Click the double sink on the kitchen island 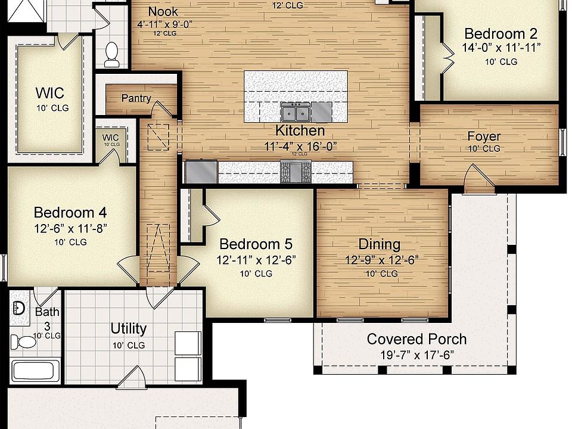296,111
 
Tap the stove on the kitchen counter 296,172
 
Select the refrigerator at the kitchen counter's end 201,172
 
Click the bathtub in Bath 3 35,371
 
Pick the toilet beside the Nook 111,55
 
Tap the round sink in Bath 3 18,308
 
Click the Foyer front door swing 478,178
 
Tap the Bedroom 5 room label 256,244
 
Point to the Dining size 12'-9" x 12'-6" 382,260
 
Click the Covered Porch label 416,339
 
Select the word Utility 128,328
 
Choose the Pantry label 136,98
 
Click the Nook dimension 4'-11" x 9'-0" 164,24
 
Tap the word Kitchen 300,130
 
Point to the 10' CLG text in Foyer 483,149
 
